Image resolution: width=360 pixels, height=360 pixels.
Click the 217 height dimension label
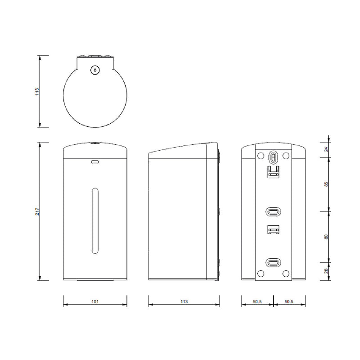tap(38, 211)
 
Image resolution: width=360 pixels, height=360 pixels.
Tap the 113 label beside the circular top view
tap(38, 91)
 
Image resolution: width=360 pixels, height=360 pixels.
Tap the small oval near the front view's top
tap(94, 162)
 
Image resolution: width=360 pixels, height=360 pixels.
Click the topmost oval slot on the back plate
tap(273, 156)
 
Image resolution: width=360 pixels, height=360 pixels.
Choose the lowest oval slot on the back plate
tap(273, 262)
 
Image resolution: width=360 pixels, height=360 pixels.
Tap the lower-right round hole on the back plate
tap(286, 273)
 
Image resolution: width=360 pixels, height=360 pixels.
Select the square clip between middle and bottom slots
tap(273, 230)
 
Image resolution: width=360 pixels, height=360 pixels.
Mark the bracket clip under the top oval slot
tap(273, 172)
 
